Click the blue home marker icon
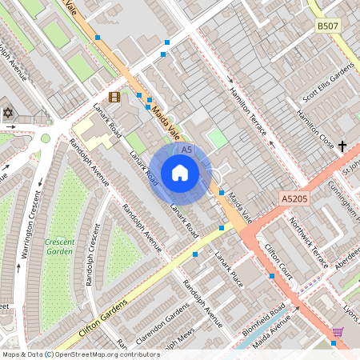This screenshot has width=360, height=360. click(x=180, y=173)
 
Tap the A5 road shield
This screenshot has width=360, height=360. click(x=186, y=150)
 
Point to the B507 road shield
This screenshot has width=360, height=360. click(x=327, y=26)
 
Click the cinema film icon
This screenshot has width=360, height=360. click(x=114, y=97)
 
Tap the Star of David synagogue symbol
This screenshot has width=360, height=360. click(x=9, y=113)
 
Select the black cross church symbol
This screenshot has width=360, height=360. click(x=342, y=146)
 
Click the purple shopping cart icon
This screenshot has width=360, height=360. click(x=338, y=331)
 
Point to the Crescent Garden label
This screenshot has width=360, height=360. click(x=60, y=246)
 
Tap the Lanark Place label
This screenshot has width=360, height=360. click(x=228, y=267)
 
